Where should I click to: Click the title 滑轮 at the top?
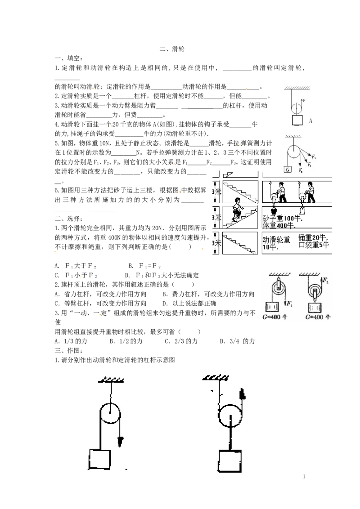(x=178, y=49)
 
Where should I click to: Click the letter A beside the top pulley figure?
(x=310, y=121)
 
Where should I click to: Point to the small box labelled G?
(x=288, y=170)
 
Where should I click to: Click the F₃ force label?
(x=314, y=157)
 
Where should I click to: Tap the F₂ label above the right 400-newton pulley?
(x=325, y=280)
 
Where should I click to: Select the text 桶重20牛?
(x=312, y=238)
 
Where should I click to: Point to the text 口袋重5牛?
(x=314, y=245)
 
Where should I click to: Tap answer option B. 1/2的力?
(x=126, y=341)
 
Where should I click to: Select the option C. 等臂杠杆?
(x=72, y=304)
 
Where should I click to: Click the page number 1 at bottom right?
(x=304, y=477)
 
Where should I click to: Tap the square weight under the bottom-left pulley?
(x=99, y=460)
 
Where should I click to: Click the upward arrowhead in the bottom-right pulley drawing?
(x=242, y=394)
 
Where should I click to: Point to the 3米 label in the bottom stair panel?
(x=217, y=243)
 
